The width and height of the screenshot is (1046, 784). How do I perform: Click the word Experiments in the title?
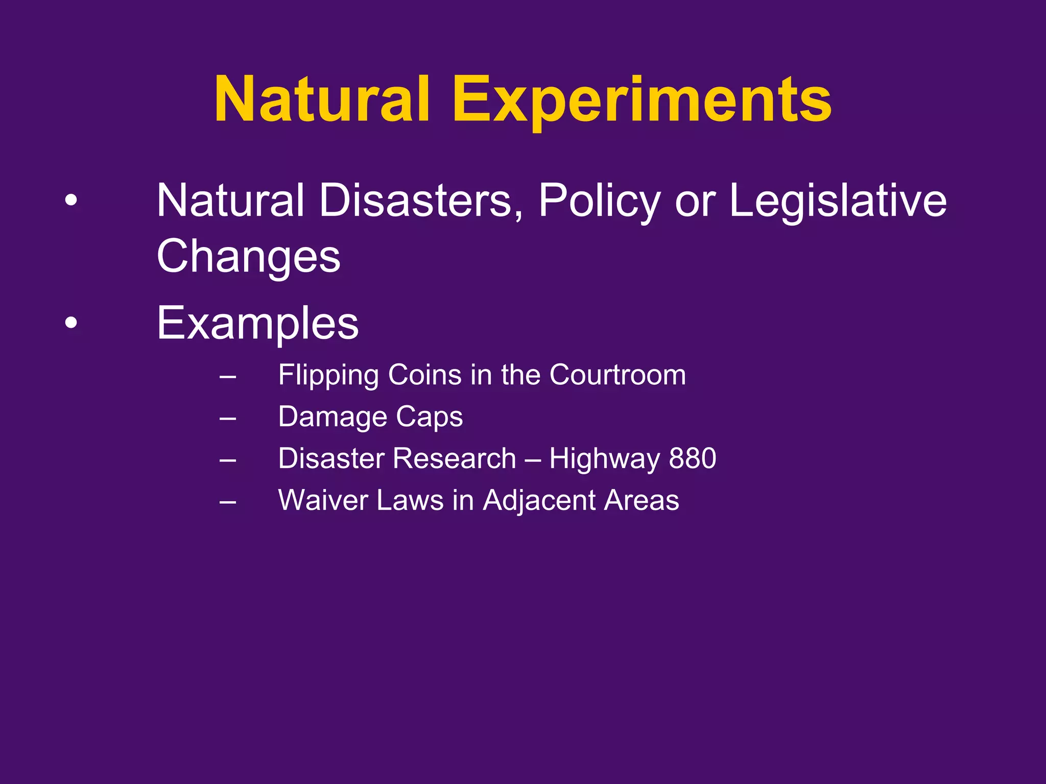[x=641, y=100]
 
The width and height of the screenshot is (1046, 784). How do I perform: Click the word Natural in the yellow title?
[x=322, y=100]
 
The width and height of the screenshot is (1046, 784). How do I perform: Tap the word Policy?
[x=600, y=201]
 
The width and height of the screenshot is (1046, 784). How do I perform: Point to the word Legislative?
[x=838, y=201]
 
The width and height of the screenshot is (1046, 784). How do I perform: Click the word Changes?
[x=248, y=256]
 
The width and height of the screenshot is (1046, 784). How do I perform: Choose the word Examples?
[x=258, y=323]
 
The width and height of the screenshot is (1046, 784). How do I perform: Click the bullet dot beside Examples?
[x=72, y=323]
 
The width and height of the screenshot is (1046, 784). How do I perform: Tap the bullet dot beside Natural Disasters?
[x=72, y=201]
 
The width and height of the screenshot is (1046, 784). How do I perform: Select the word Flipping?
[x=328, y=375]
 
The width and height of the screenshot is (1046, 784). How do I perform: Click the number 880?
[x=693, y=458]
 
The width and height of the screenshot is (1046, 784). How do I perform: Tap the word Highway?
[x=605, y=458]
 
